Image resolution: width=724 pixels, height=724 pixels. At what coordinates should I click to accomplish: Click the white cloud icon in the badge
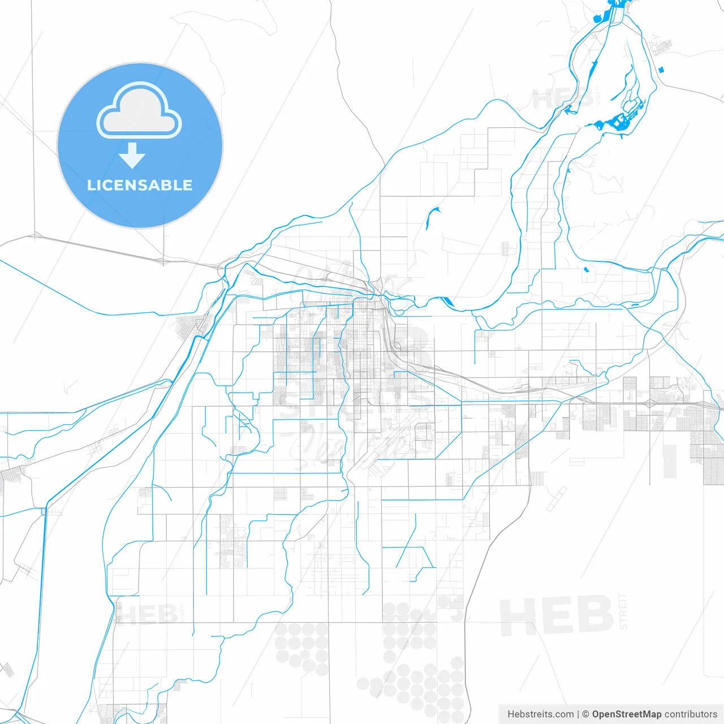[x=139, y=111]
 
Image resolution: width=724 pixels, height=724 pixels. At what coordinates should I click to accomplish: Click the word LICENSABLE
[x=140, y=185]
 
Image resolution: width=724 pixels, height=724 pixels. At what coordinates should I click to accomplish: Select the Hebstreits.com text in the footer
[x=541, y=714]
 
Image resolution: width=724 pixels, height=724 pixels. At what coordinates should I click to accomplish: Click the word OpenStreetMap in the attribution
[x=626, y=714]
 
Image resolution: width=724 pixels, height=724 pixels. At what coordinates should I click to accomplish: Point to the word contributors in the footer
[x=691, y=714]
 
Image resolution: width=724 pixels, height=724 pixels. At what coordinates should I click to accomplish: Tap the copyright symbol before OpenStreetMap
[x=586, y=714]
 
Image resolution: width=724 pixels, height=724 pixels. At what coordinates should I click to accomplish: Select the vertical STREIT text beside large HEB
[x=623, y=611]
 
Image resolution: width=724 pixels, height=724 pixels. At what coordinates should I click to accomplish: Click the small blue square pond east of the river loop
[x=661, y=70]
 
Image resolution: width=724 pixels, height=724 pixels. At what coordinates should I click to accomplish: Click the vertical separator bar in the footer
[x=578, y=714]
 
